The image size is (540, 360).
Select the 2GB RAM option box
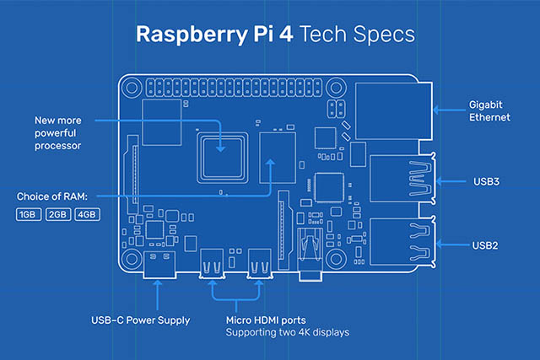click(x=58, y=215)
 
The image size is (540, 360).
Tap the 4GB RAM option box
click(x=87, y=215)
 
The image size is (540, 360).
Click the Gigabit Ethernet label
click(x=489, y=111)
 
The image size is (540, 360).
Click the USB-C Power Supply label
click(x=140, y=320)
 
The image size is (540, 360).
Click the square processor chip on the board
click(x=219, y=154)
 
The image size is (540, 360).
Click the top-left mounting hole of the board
click(x=132, y=87)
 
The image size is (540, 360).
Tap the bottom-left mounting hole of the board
click(x=132, y=258)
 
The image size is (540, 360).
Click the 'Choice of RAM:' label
click(x=52, y=197)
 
